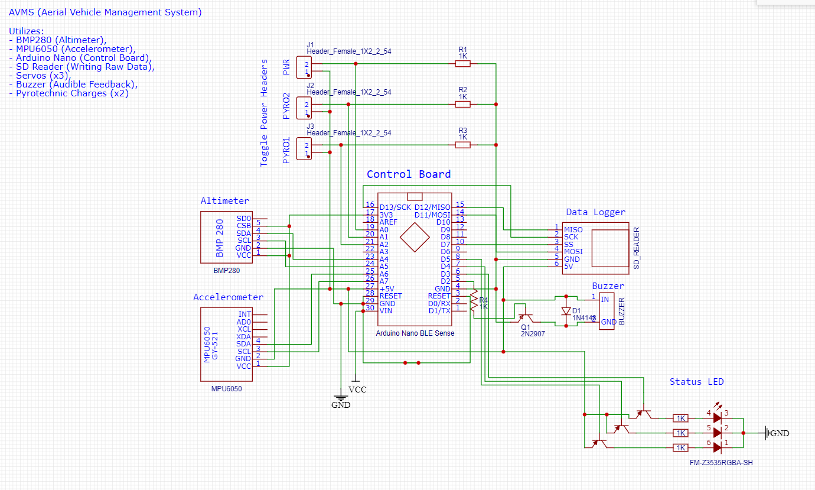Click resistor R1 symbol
coord(462,63)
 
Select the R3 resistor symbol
coord(462,145)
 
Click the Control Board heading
coord(408,174)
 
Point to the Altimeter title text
coord(224,201)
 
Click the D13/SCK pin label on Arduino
coord(395,207)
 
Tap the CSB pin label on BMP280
coord(243,226)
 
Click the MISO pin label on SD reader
coord(573,229)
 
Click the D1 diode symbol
coord(566,311)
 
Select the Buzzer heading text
coord(608,286)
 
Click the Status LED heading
coord(696,382)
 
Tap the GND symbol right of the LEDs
coord(768,433)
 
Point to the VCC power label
coord(357,390)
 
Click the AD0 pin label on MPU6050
coord(243,322)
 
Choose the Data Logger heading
coord(595,212)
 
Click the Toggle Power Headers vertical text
coord(264,112)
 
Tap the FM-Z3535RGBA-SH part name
coord(721,463)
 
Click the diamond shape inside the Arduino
coord(415,239)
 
